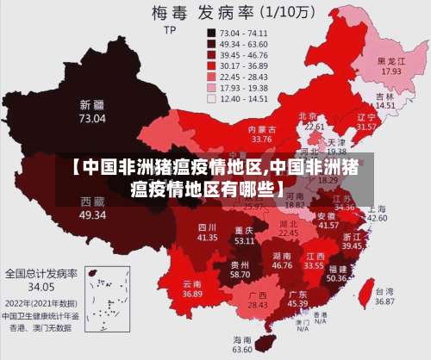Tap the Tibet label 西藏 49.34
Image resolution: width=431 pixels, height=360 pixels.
coord(92,208)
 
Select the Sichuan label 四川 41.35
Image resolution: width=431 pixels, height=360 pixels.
coord(207,231)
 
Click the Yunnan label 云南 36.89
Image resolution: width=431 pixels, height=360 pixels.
coord(192,289)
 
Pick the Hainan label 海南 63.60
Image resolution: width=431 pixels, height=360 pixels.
coord(243,344)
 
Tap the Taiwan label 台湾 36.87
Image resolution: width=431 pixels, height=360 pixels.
coord(384,296)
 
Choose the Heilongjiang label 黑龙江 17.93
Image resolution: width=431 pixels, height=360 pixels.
coord(391,66)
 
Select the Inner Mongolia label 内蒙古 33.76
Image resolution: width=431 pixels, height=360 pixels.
coord(261,133)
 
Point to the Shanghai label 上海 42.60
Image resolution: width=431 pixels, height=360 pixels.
coord(377,213)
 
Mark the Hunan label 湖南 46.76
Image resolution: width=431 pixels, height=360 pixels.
coord(282,261)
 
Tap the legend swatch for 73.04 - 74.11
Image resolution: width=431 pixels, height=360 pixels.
coord(211,33)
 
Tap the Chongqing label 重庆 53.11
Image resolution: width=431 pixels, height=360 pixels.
coord(244,236)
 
